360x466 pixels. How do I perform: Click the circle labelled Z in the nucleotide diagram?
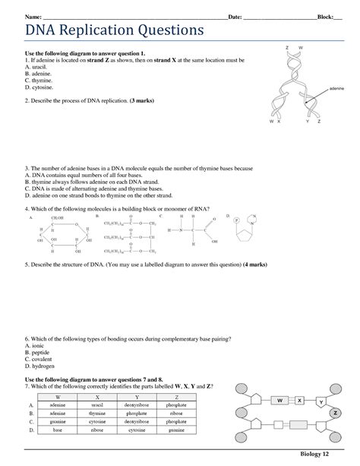335,412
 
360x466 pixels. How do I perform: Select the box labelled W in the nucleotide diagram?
279,400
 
